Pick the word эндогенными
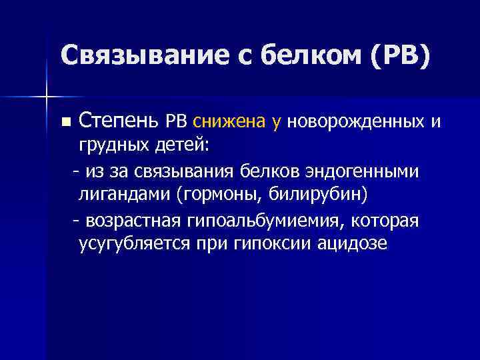tap(363, 171)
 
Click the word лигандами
tap(117, 195)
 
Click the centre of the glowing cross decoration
tap(47, 97)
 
